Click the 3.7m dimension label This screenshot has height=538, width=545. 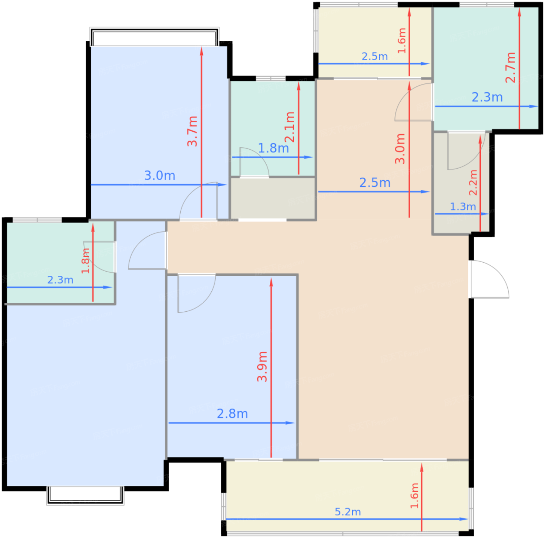pos(192,131)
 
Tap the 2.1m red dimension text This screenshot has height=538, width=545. pos(290,127)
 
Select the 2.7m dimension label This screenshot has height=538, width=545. pos(510,67)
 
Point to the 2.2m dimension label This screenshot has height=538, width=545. pos(473,182)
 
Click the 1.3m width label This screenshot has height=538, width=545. pos(463,207)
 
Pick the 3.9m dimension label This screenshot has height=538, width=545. pos(262,367)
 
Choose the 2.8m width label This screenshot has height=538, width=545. pos(232,414)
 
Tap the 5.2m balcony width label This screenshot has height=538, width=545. pos(348,512)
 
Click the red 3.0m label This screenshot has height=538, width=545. pos(400,149)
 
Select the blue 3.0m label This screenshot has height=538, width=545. pos(160,176)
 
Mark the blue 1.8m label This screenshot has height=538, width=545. pos(273,148)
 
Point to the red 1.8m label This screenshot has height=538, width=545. pos(85,261)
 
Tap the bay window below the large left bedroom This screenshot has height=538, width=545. pos(85,495)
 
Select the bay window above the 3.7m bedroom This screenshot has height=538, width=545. pos(155,36)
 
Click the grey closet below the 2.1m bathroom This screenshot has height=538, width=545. pos(273,198)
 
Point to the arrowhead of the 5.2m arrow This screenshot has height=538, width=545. pos(464,519)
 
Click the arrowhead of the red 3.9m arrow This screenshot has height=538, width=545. pos(271,282)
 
